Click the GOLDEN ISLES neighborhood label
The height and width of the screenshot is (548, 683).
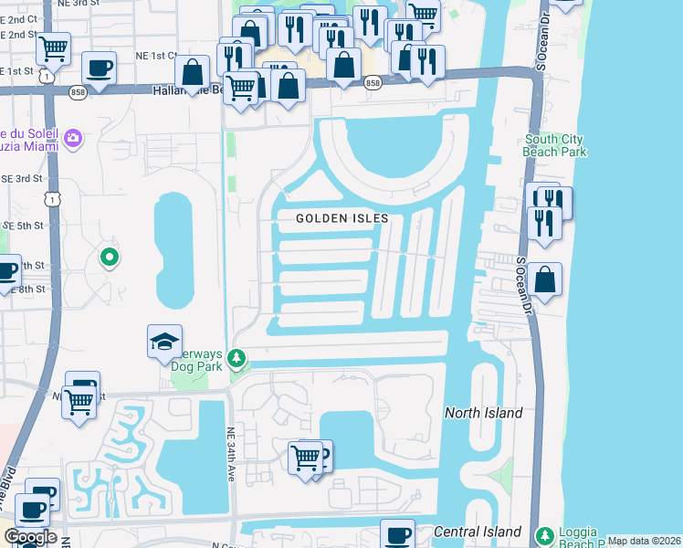point(342,218)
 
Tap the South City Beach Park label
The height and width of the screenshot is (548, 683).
point(555,145)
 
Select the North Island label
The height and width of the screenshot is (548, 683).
point(483,413)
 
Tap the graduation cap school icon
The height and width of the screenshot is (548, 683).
point(164,342)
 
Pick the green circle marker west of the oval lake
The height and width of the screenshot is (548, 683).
point(110,258)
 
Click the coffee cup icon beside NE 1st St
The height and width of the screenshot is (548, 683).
point(99,67)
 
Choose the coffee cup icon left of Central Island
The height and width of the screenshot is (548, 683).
point(397,535)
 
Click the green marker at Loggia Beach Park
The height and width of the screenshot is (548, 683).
point(544,533)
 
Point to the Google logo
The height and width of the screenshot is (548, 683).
point(29,537)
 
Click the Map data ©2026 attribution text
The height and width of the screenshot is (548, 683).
point(645,541)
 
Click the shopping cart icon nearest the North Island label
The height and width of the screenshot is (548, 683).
point(306,457)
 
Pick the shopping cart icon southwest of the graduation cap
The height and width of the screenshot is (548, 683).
point(79,399)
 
